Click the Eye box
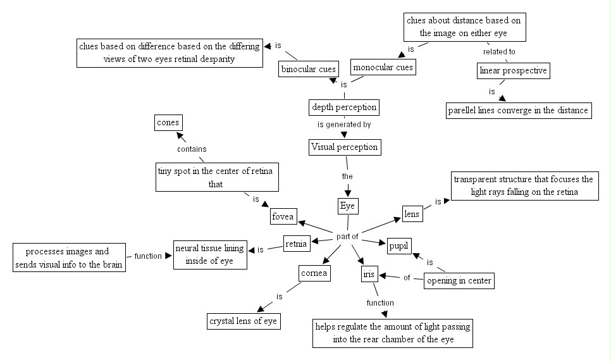(348, 206)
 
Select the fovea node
(283, 216)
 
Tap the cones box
(168, 123)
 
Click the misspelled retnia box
(296, 244)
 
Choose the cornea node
(314, 273)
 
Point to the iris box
(369, 275)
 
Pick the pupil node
(398, 246)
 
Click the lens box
(412, 214)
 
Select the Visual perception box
(345, 147)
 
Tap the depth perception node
(344, 107)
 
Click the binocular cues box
(308, 69)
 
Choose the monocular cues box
(383, 67)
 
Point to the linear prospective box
(513, 70)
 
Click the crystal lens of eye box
(243, 321)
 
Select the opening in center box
(459, 280)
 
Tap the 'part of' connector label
(347, 237)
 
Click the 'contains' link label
(192, 149)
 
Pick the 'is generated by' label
(344, 125)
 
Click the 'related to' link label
(499, 52)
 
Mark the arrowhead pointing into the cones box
(180, 136)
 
